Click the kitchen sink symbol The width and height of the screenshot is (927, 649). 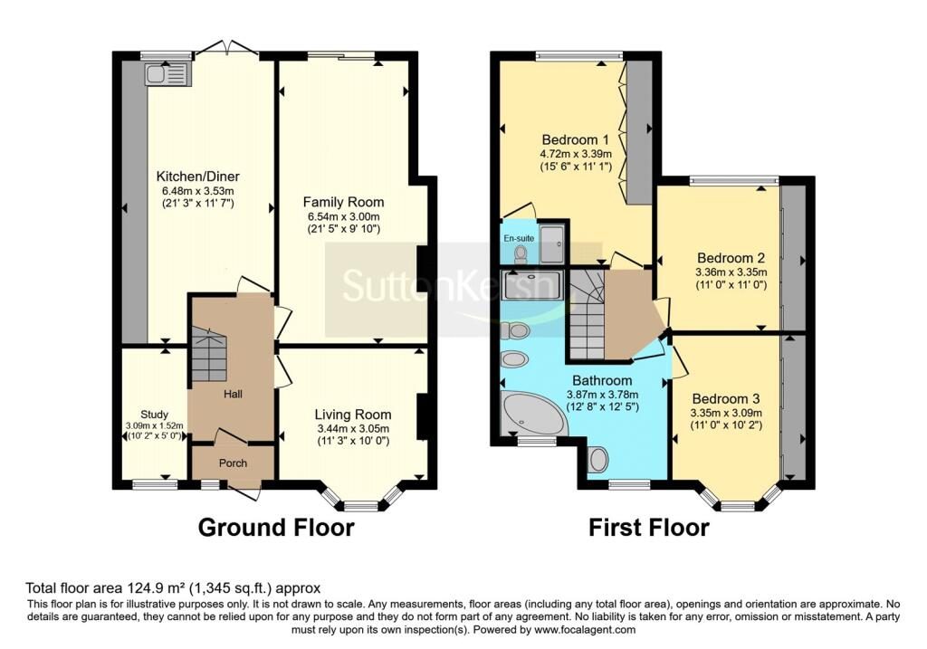click(x=167, y=73)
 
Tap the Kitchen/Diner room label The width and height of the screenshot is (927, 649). click(x=197, y=176)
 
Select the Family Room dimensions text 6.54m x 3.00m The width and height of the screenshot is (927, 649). click(x=343, y=217)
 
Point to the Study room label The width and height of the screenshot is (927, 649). click(x=155, y=415)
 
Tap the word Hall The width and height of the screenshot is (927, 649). click(x=232, y=395)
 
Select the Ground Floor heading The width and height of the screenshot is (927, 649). click(x=275, y=527)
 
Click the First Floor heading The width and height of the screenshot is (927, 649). click(x=649, y=527)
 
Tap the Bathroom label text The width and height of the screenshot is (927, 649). click(x=602, y=380)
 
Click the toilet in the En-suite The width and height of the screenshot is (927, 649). click(x=520, y=256)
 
